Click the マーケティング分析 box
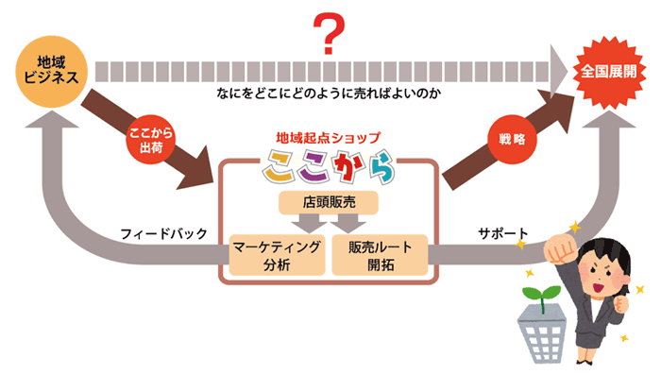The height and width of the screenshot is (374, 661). [x=278, y=255]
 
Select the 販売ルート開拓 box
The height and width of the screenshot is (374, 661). [x=380, y=255]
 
